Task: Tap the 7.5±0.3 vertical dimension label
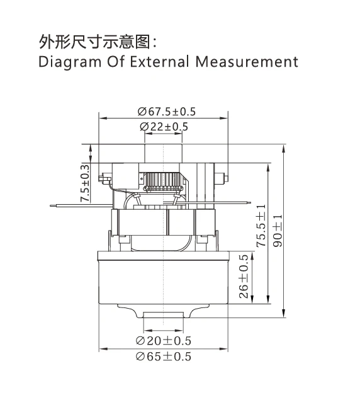click(x=84, y=182)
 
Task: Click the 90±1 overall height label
click(x=276, y=229)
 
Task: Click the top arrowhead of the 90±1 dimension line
click(x=285, y=147)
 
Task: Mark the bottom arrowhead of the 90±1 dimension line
click(x=285, y=315)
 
